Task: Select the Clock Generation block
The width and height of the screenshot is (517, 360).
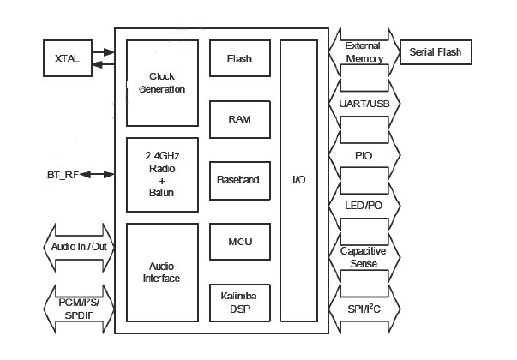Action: click(162, 82)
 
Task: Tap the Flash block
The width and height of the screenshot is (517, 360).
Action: click(239, 58)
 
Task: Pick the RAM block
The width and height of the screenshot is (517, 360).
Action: click(239, 119)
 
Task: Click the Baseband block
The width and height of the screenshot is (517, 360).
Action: click(239, 180)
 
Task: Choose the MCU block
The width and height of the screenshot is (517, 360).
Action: click(239, 241)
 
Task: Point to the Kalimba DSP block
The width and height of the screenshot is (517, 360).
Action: click(239, 302)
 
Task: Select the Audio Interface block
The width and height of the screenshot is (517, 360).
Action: click(162, 273)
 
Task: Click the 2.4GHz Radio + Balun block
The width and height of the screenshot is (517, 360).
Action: click(162, 174)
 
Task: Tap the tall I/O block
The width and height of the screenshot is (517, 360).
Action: click(298, 180)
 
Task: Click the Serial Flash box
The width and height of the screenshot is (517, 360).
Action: click(436, 52)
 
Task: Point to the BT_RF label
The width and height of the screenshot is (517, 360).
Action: click(62, 175)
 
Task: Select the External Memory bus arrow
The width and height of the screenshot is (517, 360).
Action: click(363, 51)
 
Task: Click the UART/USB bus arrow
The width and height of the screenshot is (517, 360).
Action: click(363, 104)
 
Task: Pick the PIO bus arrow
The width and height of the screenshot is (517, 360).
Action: click(363, 155)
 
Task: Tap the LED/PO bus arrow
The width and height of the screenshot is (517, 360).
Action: click(363, 207)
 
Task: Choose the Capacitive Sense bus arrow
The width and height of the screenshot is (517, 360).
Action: click(363, 257)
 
